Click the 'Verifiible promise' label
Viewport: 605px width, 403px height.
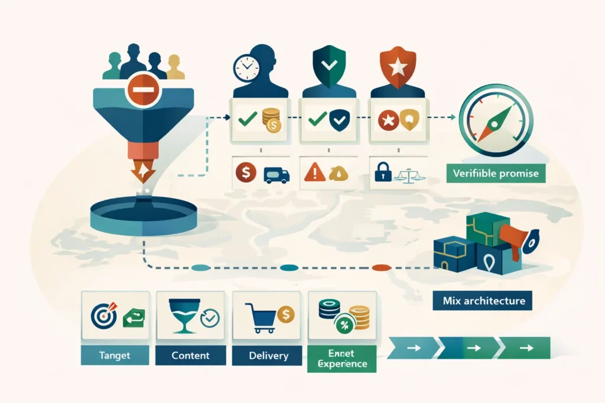tap(496, 174)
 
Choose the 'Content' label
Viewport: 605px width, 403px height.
tap(190, 355)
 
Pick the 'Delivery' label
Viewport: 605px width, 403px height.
tap(268, 355)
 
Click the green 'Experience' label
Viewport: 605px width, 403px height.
tap(341, 359)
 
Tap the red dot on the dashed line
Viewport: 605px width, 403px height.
tap(382, 267)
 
